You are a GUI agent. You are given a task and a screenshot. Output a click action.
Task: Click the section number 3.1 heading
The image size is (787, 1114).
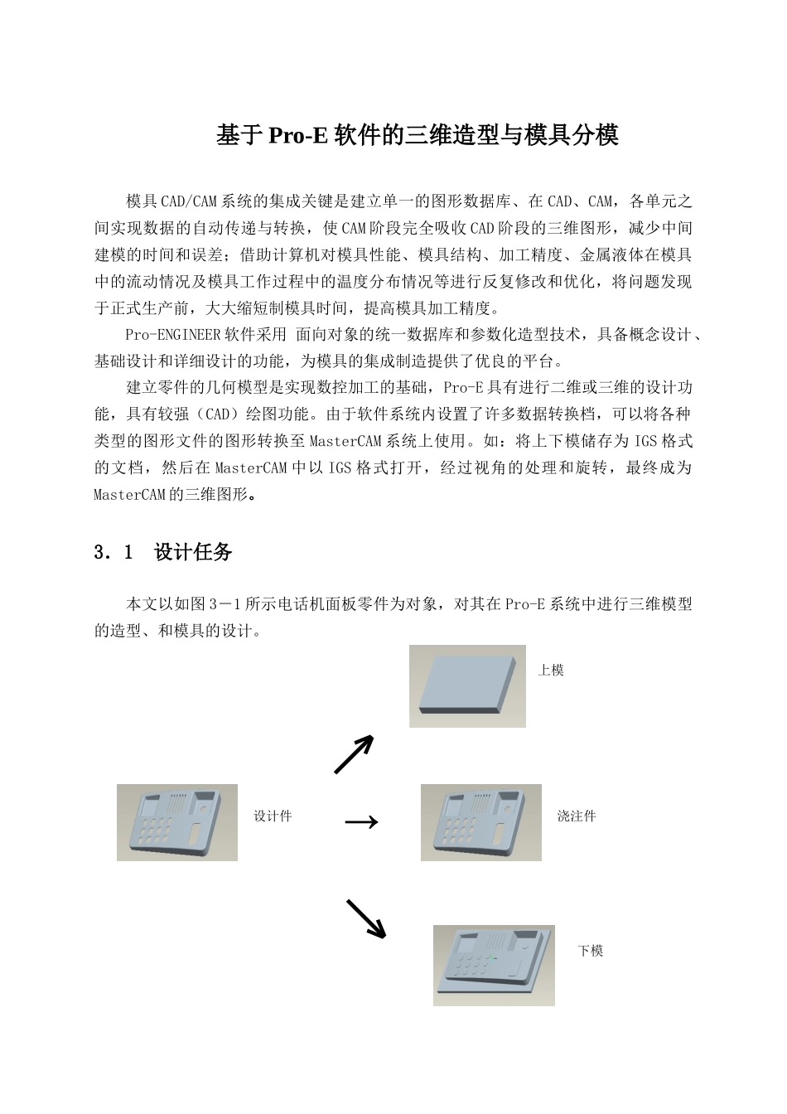pyautogui.click(x=113, y=553)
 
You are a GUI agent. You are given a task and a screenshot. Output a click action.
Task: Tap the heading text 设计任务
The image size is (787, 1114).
pyautogui.click(x=193, y=553)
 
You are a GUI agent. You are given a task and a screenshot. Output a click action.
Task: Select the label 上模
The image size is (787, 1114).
pyautogui.click(x=551, y=670)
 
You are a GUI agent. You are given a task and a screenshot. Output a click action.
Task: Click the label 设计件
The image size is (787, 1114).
pyautogui.click(x=273, y=816)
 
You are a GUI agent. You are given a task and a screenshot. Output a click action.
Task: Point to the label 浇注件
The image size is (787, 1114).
pyautogui.click(x=577, y=816)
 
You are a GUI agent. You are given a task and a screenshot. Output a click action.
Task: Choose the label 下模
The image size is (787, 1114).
pyautogui.click(x=591, y=951)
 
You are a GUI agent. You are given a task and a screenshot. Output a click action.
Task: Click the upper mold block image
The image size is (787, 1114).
pyautogui.click(x=467, y=686)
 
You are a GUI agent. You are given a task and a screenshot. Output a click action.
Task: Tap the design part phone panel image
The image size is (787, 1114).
pyautogui.click(x=177, y=822)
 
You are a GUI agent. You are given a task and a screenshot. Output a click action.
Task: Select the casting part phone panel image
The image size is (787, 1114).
pyautogui.click(x=480, y=822)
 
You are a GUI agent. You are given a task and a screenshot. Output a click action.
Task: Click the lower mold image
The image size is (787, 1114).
pyautogui.click(x=494, y=966)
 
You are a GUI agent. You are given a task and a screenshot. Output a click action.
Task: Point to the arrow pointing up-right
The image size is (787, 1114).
pyautogui.click(x=354, y=754)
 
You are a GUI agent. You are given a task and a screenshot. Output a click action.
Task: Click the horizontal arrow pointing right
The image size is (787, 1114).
pyautogui.click(x=361, y=821)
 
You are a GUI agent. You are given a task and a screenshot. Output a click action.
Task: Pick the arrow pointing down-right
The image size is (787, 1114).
pyautogui.click(x=365, y=919)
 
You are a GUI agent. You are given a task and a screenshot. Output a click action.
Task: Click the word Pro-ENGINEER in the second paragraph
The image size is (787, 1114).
pyautogui.click(x=171, y=336)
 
